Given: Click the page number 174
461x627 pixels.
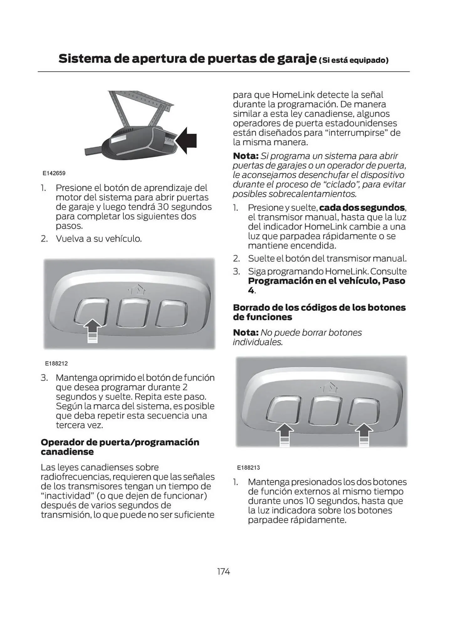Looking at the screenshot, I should coord(223,572).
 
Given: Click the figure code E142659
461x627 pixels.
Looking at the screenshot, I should coord(54,173).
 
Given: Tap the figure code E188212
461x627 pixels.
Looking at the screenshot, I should coord(56,364).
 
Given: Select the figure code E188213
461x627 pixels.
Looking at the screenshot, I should coord(248,467).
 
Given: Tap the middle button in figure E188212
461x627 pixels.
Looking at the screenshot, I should coord(133,313).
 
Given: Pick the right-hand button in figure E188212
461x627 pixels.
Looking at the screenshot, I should coord(171,313).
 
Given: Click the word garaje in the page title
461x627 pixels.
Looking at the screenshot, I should coord(297,59).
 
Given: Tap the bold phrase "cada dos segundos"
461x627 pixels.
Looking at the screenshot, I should coord(362,208).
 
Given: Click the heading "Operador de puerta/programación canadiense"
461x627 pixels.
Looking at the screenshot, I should coord(120,447).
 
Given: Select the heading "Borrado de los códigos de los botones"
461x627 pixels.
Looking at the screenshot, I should coord(319,308).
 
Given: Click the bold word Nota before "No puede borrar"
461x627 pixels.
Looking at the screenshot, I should coord(245,333).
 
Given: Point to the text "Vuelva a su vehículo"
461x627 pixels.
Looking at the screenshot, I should coord(99,239).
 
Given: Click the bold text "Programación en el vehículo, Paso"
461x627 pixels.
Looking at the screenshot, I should coord(326,281).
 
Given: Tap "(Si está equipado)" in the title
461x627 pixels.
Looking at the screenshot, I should coord(354,60).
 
